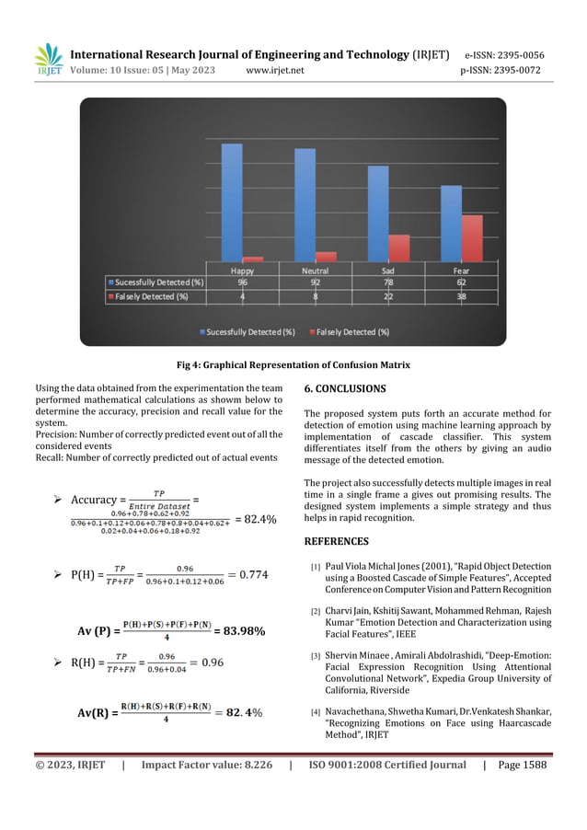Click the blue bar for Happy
click(232, 202)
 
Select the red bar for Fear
click(471, 238)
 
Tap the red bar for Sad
click(398, 248)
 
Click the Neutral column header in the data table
click(316, 271)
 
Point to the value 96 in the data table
click(242, 283)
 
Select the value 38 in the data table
click(461, 297)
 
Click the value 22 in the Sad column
click(388, 297)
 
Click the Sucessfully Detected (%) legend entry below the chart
click(249, 331)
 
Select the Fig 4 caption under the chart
click(293, 365)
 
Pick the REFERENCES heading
click(336, 541)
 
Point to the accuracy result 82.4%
click(255, 519)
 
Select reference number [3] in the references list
click(315, 656)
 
